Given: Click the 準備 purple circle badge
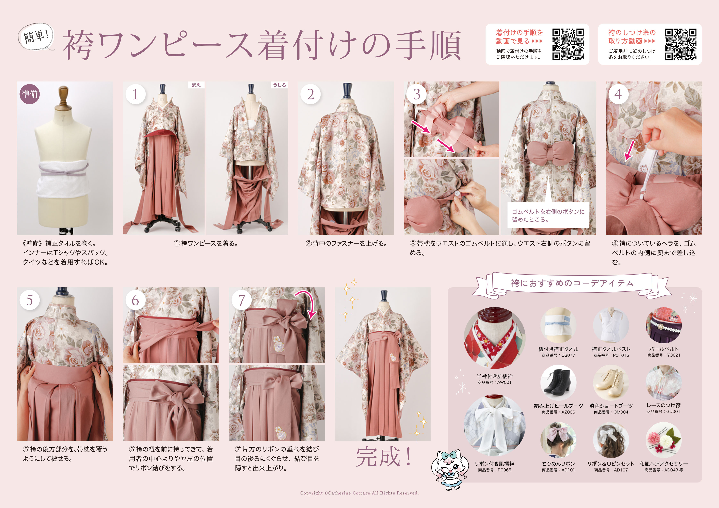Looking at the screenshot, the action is point(30,94).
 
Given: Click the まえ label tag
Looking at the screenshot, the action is point(196,85).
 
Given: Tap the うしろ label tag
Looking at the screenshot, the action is point(279,85).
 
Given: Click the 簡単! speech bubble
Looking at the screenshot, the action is point(36,37).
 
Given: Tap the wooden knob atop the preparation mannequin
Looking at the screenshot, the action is point(64,96).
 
